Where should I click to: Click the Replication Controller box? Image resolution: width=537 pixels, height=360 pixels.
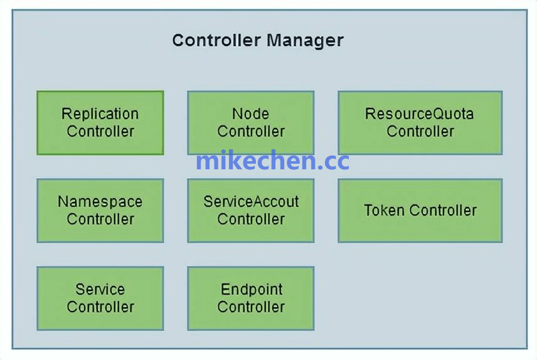click(100, 123)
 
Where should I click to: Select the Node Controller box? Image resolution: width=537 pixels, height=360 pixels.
click(251, 123)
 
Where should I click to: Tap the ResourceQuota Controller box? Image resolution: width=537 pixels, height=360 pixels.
click(420, 123)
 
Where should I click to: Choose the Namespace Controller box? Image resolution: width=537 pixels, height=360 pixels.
click(100, 211)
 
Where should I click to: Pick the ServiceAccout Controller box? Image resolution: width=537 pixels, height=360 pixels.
click(251, 211)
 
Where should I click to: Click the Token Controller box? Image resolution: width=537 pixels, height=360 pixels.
click(420, 211)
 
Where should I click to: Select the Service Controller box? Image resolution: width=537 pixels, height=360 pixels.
click(100, 299)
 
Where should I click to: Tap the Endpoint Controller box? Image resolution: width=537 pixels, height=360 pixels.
click(251, 299)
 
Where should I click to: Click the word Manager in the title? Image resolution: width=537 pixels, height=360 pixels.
click(305, 41)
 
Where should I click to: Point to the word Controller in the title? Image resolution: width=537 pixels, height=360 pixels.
click(216, 41)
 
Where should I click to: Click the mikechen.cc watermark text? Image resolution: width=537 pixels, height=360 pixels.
click(272, 161)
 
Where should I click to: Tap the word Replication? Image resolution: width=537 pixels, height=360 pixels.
click(100, 114)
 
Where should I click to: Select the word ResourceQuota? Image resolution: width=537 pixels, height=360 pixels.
click(420, 114)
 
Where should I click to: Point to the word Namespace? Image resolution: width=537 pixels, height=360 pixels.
click(100, 202)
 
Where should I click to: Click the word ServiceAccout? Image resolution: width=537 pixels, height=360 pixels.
click(251, 202)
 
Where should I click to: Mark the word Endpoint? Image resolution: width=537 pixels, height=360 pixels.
click(252, 290)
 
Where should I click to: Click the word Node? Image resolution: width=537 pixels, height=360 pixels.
click(251, 114)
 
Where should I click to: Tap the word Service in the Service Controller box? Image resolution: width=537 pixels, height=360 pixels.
click(100, 290)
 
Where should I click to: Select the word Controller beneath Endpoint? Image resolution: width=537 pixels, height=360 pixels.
click(251, 307)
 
